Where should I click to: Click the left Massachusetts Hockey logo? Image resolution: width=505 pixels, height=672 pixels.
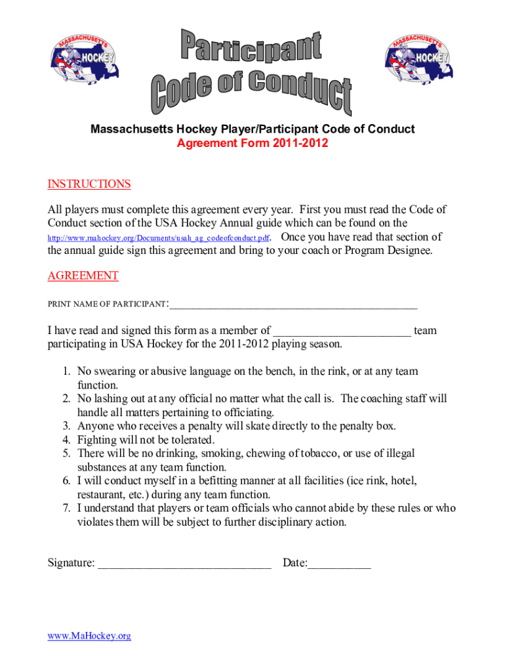tap(84, 58)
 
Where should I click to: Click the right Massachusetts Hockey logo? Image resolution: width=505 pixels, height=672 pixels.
tap(417, 58)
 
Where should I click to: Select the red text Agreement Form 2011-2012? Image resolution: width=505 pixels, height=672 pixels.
tap(253, 143)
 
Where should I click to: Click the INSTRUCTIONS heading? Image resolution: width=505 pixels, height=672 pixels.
tap(89, 184)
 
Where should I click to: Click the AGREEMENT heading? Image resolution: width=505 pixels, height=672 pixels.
tap(83, 276)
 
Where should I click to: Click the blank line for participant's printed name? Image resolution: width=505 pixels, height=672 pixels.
tap(293, 304)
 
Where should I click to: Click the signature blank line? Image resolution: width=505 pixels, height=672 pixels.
tap(184, 564)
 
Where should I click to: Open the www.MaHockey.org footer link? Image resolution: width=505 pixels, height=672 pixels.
tap(89, 636)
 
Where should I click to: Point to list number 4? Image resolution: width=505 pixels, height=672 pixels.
tap(66, 440)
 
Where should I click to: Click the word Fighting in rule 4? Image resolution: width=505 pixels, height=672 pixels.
tap(98, 440)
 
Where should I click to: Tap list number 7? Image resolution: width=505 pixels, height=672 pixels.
tap(66, 509)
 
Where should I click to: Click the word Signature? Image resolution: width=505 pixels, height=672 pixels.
tap(71, 563)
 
